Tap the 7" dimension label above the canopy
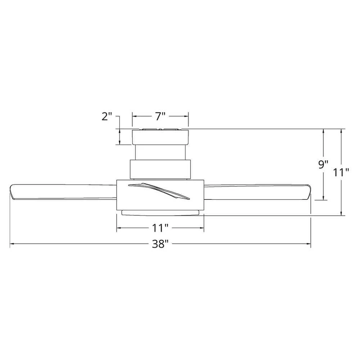pyautogui.click(x=160, y=116)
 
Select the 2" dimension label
pyautogui.click(x=107, y=117)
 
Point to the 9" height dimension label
pyautogui.click(x=323, y=165)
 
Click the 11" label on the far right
pyautogui.click(x=341, y=172)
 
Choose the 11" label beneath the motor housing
pyautogui.click(x=160, y=228)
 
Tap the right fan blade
pyautogui.click(x=257, y=192)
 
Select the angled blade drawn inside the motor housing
pyautogui.click(x=159, y=191)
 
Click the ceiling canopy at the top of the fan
pyautogui.click(x=160, y=137)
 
